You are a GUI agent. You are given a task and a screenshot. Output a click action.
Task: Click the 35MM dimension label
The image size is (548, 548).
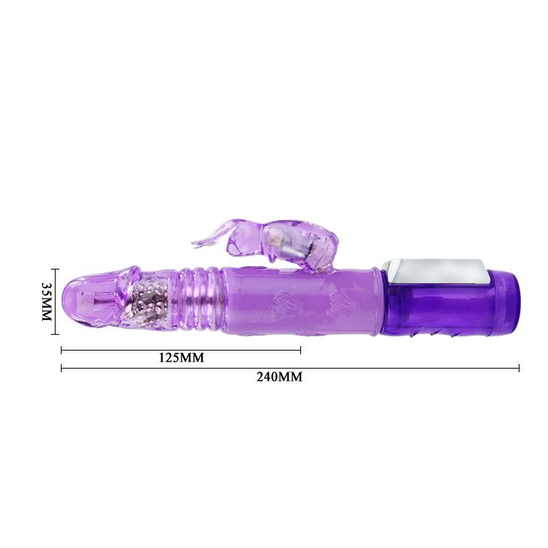(x=47, y=302)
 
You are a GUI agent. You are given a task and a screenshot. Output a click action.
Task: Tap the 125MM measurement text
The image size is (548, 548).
(x=182, y=357)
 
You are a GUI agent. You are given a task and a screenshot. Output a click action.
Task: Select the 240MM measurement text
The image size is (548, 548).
(x=279, y=377)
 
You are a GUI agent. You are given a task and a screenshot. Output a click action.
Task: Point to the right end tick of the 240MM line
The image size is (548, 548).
(x=519, y=368)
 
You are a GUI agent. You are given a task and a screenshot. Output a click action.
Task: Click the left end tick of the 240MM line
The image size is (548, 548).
(x=62, y=368)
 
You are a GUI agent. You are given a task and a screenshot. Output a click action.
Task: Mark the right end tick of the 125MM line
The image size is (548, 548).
(x=300, y=350)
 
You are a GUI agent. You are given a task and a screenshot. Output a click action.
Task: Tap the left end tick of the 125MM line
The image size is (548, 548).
(x=62, y=350)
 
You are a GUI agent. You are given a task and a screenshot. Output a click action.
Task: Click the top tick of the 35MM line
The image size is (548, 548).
(x=55, y=269)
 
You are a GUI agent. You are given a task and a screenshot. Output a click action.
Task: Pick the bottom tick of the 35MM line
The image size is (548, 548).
(x=55, y=334)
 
